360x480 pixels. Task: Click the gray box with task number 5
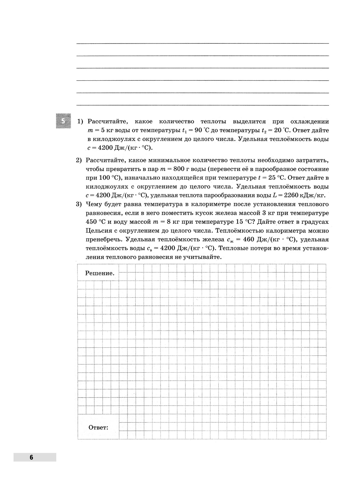(x=63, y=121)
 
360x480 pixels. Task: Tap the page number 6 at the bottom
(x=31, y=457)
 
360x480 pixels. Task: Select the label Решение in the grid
(x=100, y=273)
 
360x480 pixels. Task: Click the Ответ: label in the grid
(x=98, y=427)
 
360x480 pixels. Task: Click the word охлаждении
(x=309, y=121)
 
